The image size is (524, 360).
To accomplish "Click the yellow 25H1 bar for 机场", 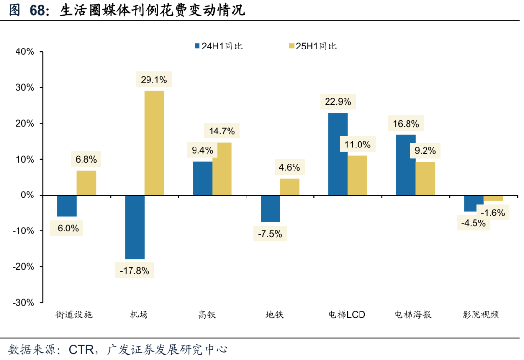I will point(154,143).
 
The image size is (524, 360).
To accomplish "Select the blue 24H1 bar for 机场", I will point(134,227).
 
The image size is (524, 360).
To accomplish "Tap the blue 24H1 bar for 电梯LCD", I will point(338,154).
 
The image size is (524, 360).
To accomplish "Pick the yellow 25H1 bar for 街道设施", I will point(86,182).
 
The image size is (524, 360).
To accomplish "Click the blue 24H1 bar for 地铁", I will point(270,208).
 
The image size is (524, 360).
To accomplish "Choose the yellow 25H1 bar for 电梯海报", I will point(425,178).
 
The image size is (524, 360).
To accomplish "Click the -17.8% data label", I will point(135,271).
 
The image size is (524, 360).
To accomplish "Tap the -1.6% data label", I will point(493,213).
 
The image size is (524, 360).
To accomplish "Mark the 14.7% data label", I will point(222,131).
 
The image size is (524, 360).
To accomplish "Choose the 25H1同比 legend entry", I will point(312,46).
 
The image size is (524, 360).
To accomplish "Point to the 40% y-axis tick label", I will point(24,52).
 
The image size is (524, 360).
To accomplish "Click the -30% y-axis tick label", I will point(23,302).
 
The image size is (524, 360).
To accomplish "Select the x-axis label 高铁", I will point(207,315).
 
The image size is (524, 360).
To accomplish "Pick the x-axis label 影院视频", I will point(480,315).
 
